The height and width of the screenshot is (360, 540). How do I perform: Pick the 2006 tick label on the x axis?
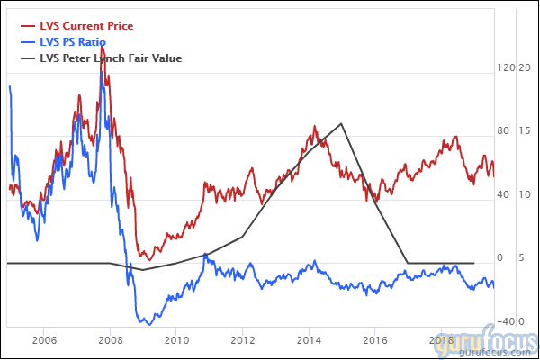tap(44, 341)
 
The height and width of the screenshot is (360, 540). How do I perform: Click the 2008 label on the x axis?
tap(111, 341)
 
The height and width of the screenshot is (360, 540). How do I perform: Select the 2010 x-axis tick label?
tap(176, 341)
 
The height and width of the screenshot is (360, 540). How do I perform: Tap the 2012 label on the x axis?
tap(243, 341)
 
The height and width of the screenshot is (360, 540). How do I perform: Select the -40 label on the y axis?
tap(505, 321)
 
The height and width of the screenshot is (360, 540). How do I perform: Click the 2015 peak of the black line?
tap(342, 124)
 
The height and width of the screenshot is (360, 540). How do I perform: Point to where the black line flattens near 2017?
tap(409, 263)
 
